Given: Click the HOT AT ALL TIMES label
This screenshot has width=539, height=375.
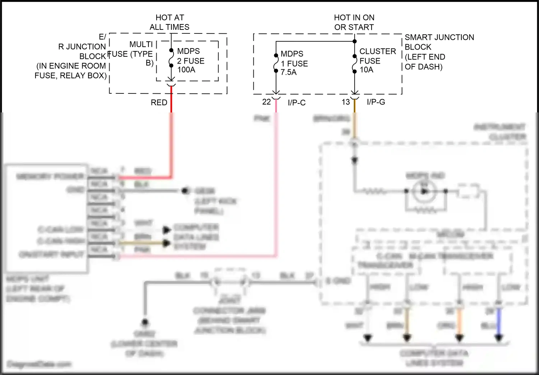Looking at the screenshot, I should coord(170,22).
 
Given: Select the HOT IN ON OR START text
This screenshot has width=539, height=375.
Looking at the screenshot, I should coord(354,22).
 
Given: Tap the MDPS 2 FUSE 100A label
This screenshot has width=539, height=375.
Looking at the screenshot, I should coord(190,60).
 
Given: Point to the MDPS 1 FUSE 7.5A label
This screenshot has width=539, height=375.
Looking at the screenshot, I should coord(294,63).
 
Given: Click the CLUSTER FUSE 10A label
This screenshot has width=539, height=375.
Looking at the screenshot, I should coord(377,60).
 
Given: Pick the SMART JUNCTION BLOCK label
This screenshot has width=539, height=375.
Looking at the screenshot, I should coord(439,52).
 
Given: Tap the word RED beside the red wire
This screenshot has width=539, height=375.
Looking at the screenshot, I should coord(159,103).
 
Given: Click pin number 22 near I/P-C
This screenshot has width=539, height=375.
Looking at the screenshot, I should coord(266,102).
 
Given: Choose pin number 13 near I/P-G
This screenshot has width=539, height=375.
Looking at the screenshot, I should coord(346,102).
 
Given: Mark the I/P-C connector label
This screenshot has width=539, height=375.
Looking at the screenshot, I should coord(296,103).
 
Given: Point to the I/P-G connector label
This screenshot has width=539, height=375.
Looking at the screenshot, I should coord(376,102).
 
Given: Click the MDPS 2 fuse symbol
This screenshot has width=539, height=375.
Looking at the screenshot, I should coord(171,58).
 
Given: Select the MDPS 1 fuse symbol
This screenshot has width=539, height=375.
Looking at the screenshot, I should coord(276,63).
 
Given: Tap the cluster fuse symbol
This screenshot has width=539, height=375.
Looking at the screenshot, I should coord(355,63).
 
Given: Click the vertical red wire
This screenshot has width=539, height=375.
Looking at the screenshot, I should coord(171,144).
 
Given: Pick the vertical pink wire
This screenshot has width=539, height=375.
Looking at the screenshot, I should coord(276,180).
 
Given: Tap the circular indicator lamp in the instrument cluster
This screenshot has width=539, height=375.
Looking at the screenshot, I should coord(424,191).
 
